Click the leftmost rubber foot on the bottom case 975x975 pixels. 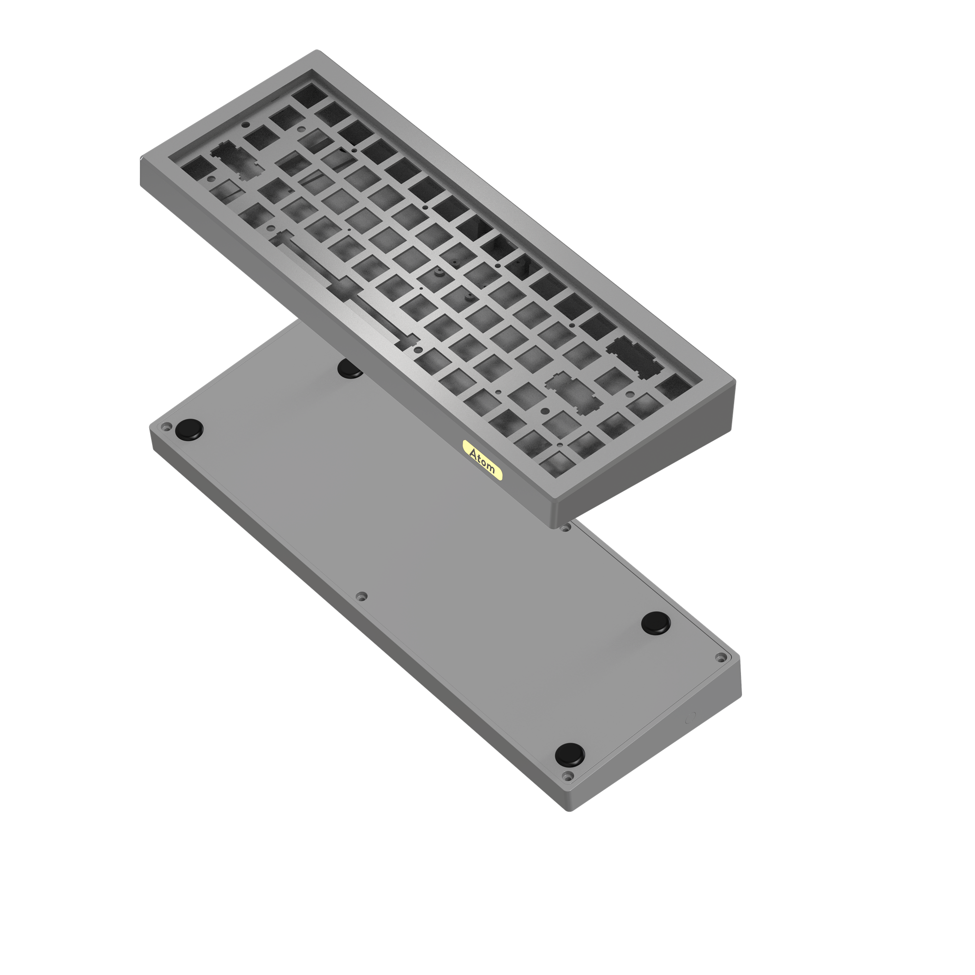tap(189, 429)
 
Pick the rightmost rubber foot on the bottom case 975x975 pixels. tap(656, 623)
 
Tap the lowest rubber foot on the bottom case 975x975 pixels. tap(570, 755)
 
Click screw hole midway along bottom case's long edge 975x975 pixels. tap(360, 597)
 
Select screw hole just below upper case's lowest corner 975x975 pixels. tap(565, 528)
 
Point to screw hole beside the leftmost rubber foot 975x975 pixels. tap(164, 427)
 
